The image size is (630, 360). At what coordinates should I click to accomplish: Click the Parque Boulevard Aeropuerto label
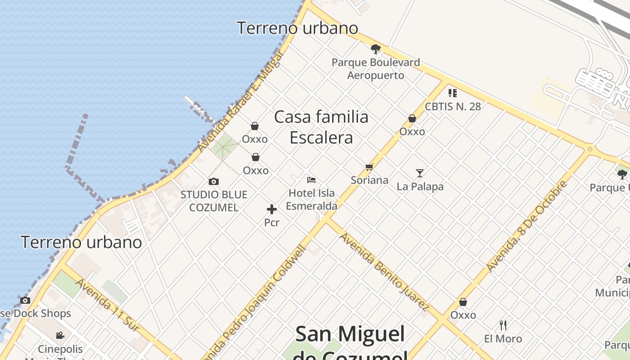376,68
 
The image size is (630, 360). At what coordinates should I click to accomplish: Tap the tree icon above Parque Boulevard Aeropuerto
376,49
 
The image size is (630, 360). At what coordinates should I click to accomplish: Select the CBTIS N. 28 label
453,107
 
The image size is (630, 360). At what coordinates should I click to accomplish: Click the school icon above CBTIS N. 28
453,93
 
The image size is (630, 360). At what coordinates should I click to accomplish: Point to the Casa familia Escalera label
321,127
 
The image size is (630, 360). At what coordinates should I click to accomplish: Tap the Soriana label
369,180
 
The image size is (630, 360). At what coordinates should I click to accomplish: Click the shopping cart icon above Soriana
369,167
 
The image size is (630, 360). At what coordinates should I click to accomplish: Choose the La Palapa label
420,186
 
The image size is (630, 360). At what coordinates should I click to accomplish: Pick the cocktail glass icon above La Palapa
420,173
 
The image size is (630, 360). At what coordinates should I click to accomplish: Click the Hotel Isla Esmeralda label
311,199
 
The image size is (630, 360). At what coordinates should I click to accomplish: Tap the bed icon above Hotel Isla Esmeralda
311,180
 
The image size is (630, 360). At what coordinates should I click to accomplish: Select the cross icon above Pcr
272,209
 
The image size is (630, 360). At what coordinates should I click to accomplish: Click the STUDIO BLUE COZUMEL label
214,201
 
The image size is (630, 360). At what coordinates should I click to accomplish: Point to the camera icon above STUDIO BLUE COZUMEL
214,182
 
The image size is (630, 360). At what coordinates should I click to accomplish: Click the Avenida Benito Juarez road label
383,271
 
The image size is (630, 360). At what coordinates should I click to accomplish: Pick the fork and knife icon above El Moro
503,325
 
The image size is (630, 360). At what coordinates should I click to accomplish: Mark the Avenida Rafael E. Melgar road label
241,102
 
